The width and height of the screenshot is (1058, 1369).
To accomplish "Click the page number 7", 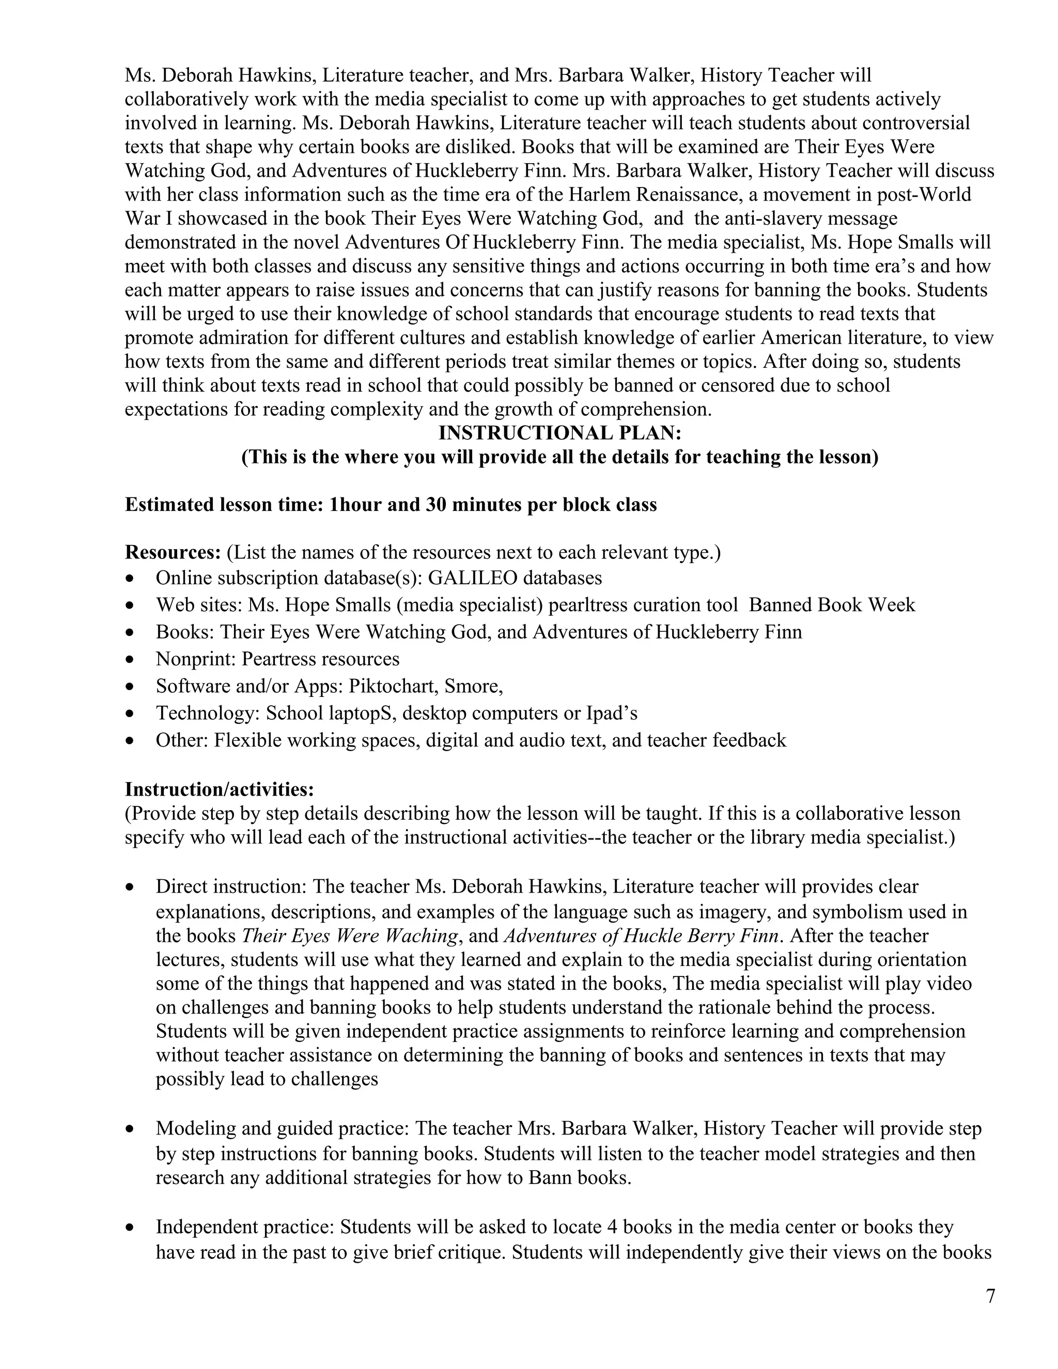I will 990,1296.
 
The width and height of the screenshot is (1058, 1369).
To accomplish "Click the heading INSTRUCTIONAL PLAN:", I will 559,433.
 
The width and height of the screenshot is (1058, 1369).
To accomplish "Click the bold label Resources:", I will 173,552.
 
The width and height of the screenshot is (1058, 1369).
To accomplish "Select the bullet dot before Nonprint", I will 130,659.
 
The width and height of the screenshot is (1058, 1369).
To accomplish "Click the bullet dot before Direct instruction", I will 130,888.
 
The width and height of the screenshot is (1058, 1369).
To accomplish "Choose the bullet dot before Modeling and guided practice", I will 130,1129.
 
